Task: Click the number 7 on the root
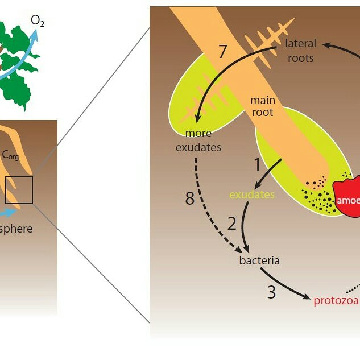click(223, 51)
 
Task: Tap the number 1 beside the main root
click(257, 165)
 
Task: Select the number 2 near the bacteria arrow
click(232, 223)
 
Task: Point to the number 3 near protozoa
click(272, 292)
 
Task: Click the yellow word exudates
click(252, 195)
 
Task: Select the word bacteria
click(259, 261)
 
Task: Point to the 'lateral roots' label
click(300, 51)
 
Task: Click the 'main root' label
click(263, 106)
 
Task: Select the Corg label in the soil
click(10, 155)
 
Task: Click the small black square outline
click(19, 190)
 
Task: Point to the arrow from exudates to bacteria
click(246, 227)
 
